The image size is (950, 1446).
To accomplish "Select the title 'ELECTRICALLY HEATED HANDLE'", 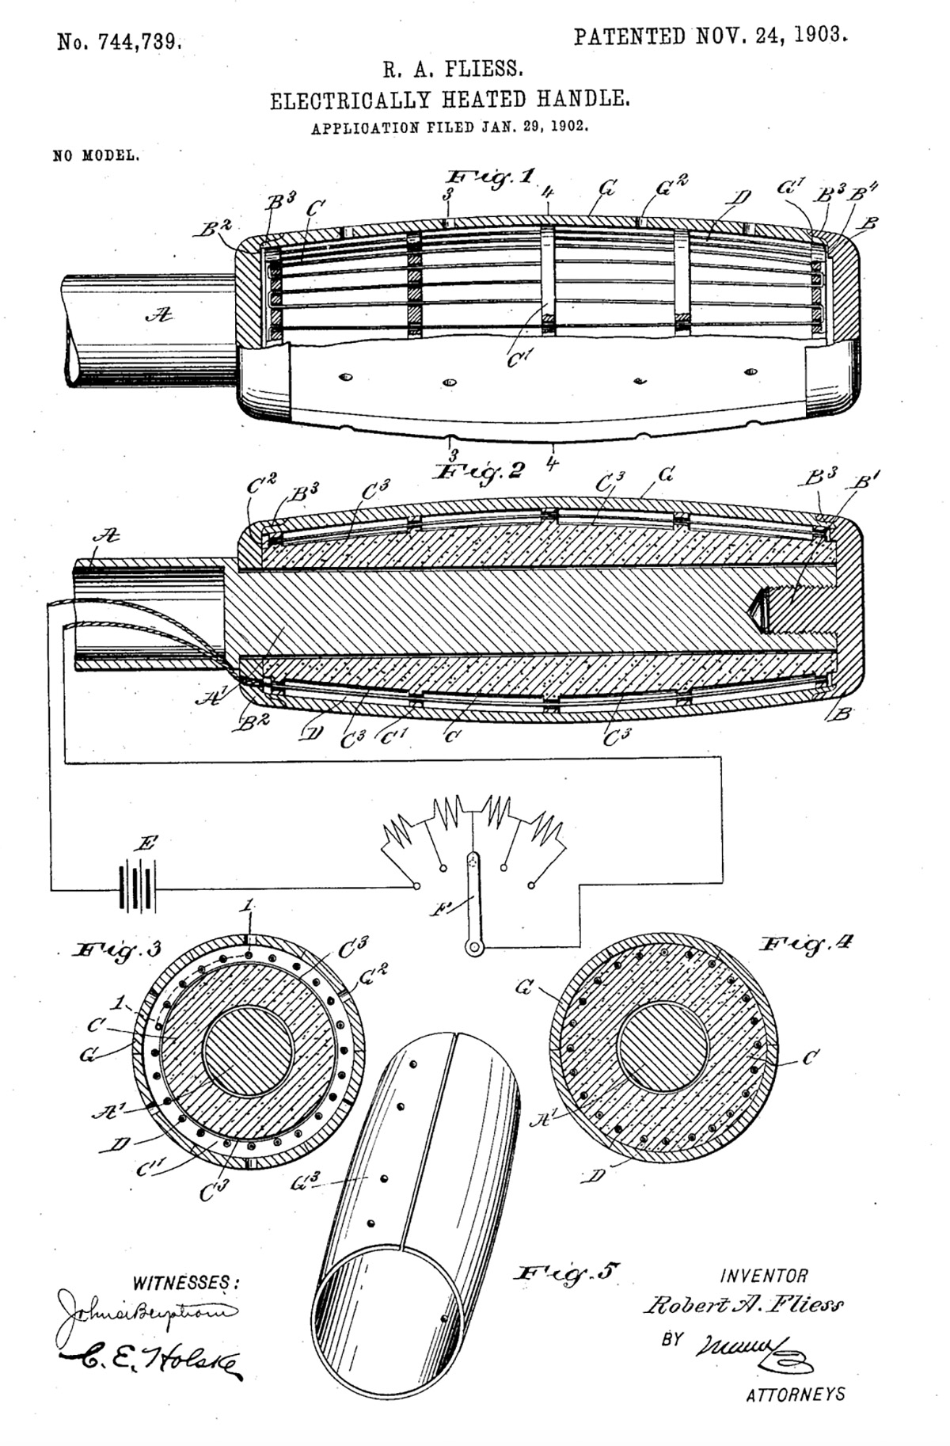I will pyautogui.click(x=450, y=101).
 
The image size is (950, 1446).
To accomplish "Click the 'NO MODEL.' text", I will pyautogui.click(x=97, y=155).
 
